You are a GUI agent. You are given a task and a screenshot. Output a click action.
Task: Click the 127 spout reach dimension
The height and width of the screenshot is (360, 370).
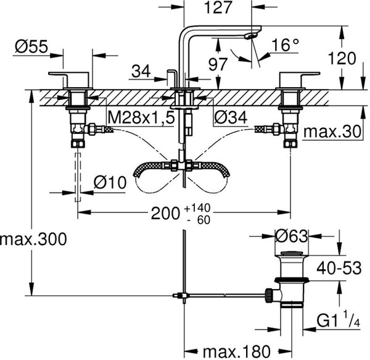(x=218, y=7)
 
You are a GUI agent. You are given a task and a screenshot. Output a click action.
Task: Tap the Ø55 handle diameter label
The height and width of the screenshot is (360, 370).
(x=31, y=46)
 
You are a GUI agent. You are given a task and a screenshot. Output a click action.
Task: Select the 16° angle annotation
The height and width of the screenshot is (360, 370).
(x=286, y=44)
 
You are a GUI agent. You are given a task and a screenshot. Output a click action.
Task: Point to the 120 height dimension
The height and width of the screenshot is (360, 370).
(x=342, y=58)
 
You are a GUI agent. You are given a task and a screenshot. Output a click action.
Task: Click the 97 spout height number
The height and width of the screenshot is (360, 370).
(x=218, y=64)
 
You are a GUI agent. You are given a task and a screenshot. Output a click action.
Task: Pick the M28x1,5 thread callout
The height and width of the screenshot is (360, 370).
(x=141, y=117)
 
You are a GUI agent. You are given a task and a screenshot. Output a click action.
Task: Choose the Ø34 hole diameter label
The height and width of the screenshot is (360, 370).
(x=231, y=117)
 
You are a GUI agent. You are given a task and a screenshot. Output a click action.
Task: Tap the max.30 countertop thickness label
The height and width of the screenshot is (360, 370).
(x=332, y=132)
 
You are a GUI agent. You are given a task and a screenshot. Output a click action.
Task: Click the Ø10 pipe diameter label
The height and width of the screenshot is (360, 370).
(x=110, y=183)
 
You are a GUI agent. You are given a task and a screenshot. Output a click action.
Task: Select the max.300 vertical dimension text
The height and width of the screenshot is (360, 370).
(x=33, y=239)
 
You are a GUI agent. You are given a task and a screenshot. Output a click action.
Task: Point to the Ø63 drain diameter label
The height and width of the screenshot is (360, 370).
(x=292, y=236)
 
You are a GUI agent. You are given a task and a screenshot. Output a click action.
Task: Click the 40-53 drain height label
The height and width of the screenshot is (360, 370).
(x=339, y=268)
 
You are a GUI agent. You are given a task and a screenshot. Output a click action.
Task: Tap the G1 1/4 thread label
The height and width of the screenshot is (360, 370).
(x=339, y=319)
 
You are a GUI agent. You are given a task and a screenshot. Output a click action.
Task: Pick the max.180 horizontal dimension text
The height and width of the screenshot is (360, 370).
(x=236, y=352)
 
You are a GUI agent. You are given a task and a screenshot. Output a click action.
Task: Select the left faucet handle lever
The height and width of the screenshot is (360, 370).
(x=68, y=74)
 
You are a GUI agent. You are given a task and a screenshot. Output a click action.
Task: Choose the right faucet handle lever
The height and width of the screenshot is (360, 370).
(x=300, y=74)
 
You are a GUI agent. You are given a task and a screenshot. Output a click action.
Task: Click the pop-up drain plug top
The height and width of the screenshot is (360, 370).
(x=292, y=254)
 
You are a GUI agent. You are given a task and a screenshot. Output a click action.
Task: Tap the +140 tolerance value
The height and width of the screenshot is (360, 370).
(x=197, y=208)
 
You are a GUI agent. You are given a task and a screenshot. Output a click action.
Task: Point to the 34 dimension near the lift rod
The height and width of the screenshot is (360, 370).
(x=141, y=72)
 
